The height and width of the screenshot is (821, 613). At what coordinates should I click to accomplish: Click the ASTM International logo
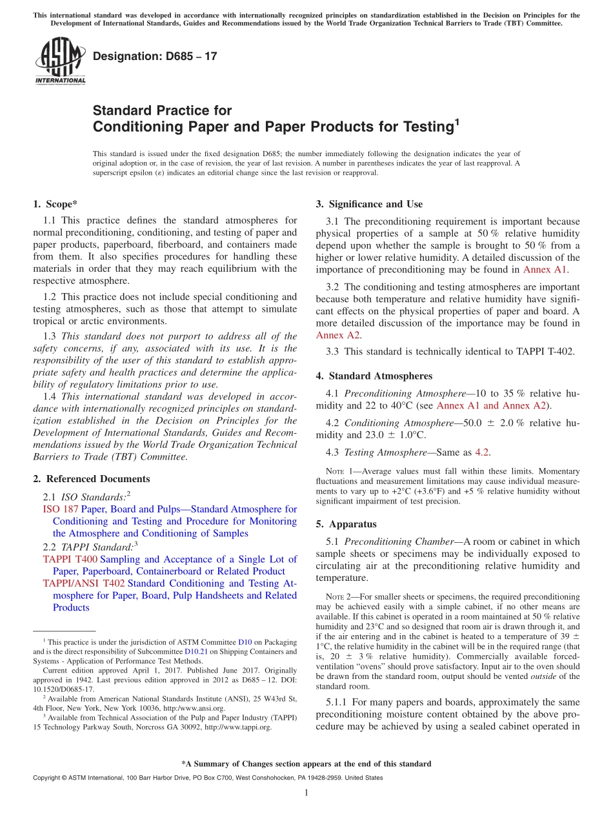click(x=60, y=62)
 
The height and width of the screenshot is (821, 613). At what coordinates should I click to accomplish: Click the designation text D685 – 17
click(x=155, y=57)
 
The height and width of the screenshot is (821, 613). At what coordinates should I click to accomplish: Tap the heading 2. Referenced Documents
click(x=91, y=479)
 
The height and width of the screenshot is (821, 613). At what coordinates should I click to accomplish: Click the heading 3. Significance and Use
click(x=369, y=204)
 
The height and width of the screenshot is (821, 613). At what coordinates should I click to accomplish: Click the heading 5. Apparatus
click(x=346, y=524)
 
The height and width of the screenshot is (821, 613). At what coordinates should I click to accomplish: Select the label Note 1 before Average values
click(x=339, y=472)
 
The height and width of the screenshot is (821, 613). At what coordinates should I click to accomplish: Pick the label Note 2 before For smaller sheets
click(x=339, y=597)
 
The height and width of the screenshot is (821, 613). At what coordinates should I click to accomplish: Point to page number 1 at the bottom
click(x=306, y=793)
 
